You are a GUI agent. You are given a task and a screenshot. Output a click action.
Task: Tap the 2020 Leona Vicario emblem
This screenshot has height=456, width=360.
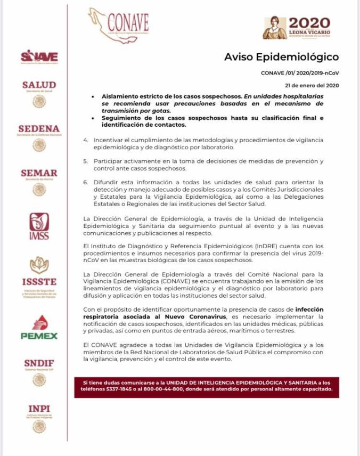[x=296, y=28]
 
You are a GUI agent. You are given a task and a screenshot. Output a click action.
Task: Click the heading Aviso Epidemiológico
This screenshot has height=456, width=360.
[x=281, y=58]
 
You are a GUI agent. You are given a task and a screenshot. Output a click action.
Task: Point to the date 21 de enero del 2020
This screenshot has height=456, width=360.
[x=312, y=85]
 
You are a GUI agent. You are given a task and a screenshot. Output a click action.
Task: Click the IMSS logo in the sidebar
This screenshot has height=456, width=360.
[x=39, y=226]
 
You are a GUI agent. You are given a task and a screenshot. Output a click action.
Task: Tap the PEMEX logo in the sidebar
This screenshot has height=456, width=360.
[x=39, y=327]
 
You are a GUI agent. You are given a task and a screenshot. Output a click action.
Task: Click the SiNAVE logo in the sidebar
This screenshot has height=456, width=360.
[x=39, y=56]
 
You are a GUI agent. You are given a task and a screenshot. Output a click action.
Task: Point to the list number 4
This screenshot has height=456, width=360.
[x=86, y=140]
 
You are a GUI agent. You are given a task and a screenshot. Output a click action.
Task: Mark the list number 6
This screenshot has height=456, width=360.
[x=86, y=182]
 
